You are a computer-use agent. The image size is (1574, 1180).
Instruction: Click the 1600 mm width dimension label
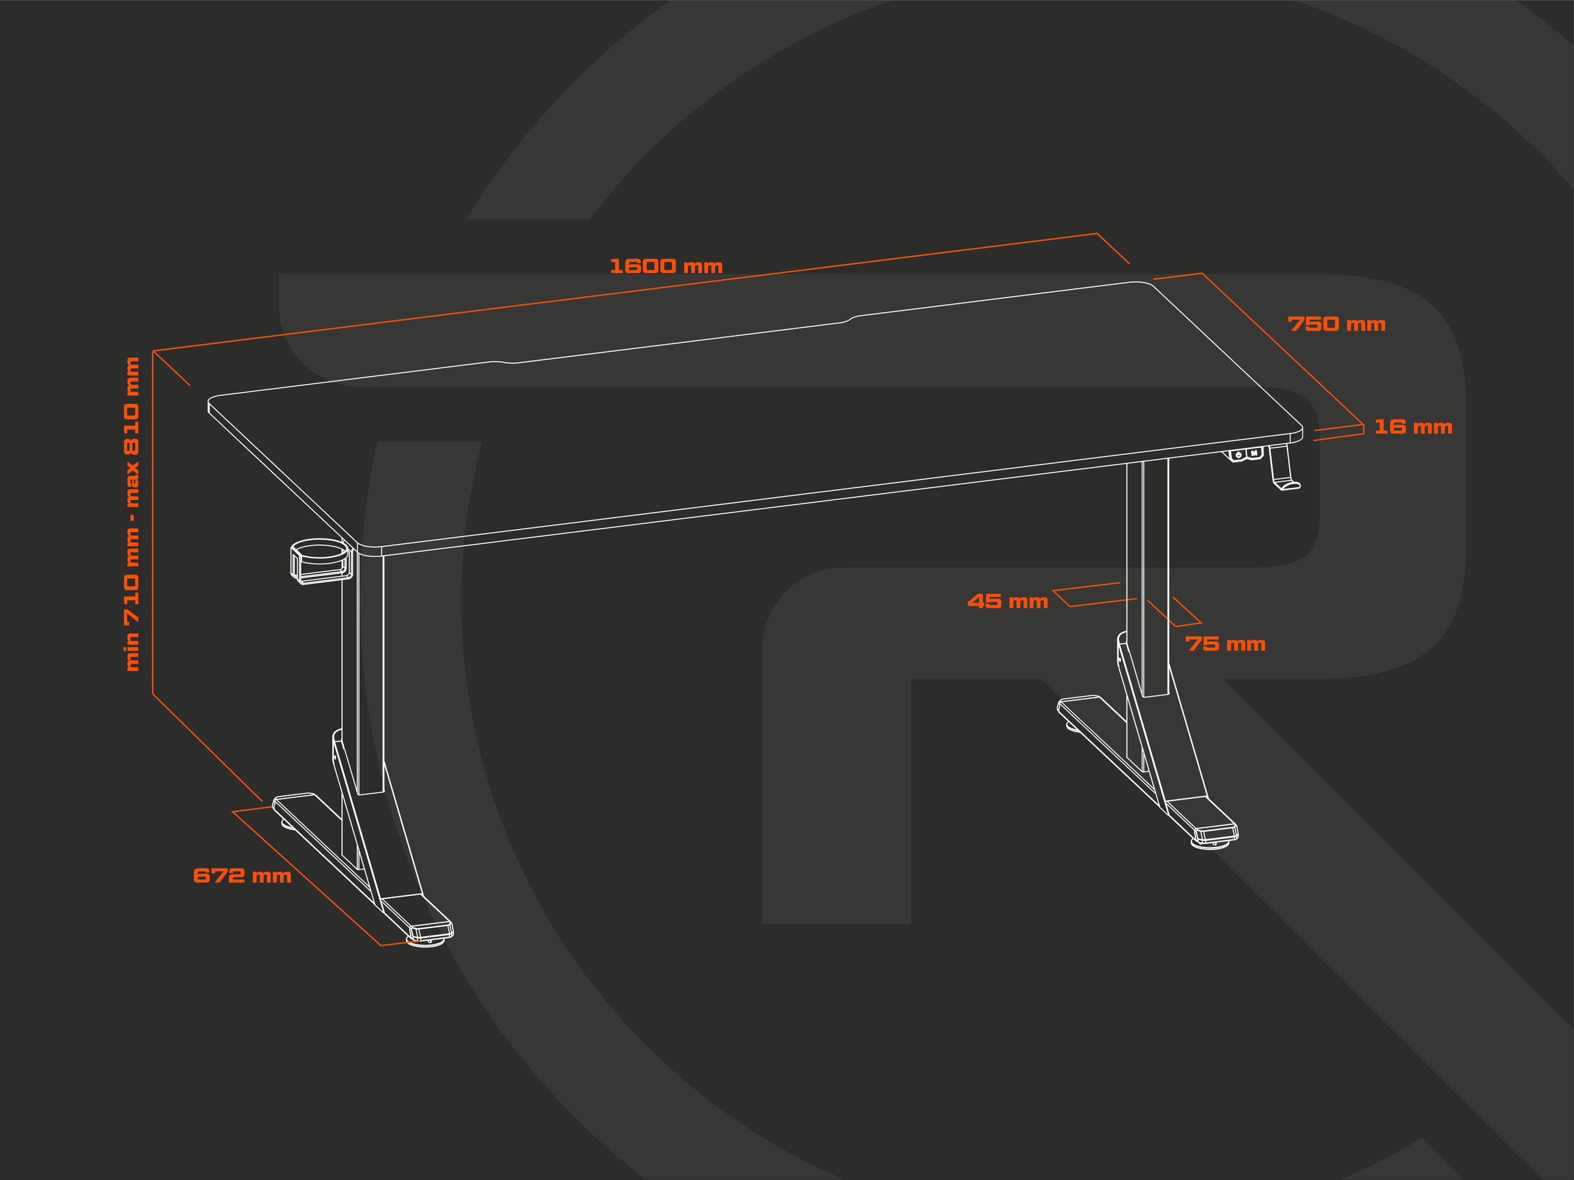666,266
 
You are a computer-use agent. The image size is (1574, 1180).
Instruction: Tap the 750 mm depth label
1336,324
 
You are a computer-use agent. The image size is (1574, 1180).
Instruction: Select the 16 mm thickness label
1412,427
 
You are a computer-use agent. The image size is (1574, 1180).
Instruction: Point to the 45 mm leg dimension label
1008,602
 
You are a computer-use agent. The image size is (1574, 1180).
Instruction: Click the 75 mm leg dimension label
1225,645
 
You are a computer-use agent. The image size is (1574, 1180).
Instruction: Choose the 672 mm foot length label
242,876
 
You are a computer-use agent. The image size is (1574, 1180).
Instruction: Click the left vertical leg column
370,672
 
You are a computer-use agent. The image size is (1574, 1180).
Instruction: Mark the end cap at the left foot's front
431,929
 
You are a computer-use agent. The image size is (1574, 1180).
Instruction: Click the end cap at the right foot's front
1216,832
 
